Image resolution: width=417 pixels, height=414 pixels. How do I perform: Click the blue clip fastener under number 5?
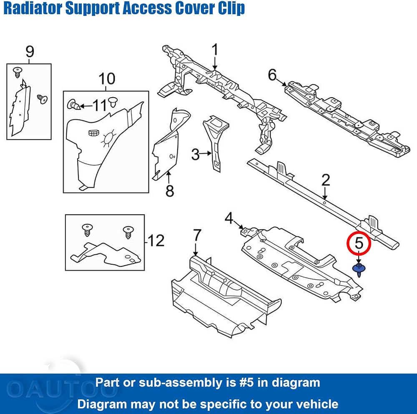tap(359, 270)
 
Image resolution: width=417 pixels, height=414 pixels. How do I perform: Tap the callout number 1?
tap(215, 50)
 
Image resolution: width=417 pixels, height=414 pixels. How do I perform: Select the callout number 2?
tap(326, 180)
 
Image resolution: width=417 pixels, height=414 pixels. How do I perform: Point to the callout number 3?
tap(195, 154)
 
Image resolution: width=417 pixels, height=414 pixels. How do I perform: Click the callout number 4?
tap(229, 218)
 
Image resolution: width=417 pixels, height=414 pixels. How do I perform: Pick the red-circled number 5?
tap(359, 243)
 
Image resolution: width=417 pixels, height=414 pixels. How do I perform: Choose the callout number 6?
tap(272, 75)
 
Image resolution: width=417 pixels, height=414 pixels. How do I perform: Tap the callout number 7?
tap(196, 235)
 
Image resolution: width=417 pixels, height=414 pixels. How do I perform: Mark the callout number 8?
tap(170, 191)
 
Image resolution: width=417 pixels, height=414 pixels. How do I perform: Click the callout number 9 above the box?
tap(30, 51)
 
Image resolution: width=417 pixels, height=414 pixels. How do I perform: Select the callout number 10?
tap(107, 79)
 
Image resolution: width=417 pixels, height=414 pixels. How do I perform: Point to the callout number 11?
tap(100, 105)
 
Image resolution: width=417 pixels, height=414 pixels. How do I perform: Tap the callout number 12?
tap(156, 241)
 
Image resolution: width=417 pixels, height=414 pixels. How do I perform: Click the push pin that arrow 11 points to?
tap(73, 105)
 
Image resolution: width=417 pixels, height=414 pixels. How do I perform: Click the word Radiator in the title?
tap(32, 8)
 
